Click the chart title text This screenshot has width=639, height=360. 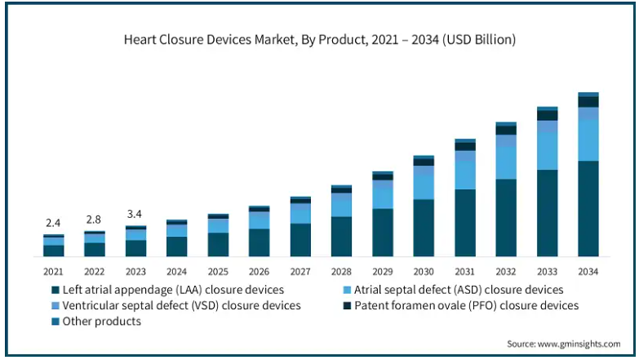[x=319, y=38]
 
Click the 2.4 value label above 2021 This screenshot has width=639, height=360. [x=53, y=223]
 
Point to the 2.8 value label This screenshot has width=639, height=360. [x=95, y=220]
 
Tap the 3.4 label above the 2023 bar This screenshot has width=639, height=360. [x=135, y=215]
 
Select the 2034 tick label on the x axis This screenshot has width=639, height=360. [x=588, y=271]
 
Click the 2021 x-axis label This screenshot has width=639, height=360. [x=53, y=271]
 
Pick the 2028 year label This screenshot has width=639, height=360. [x=341, y=271]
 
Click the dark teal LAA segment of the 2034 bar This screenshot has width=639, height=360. [x=588, y=209]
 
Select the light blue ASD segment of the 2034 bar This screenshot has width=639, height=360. [x=588, y=140]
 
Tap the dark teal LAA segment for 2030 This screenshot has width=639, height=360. [x=424, y=228]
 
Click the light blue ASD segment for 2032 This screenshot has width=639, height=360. [x=506, y=162]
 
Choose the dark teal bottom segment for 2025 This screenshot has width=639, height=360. [x=218, y=245]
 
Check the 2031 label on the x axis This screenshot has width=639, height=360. [x=465, y=271]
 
